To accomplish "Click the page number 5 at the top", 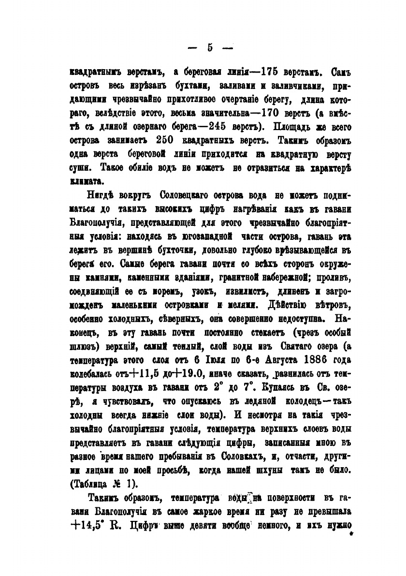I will (x=210, y=47).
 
